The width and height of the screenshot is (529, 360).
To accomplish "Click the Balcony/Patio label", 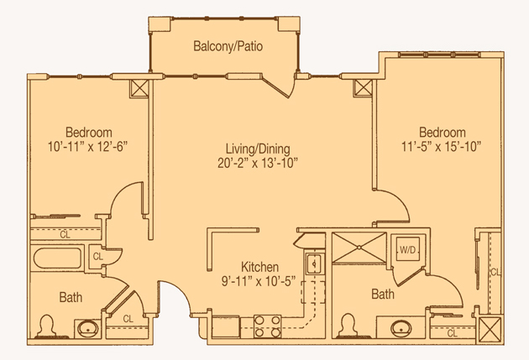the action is click(x=228, y=46).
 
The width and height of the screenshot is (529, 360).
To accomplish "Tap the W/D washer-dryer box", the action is click(x=408, y=249).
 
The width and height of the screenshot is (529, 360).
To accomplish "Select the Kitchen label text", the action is click(x=259, y=267).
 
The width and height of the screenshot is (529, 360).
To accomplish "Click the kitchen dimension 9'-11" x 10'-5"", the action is click(x=259, y=281).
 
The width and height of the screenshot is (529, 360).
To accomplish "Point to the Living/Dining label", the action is click(x=258, y=149).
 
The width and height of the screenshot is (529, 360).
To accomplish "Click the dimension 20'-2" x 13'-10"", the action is click(x=258, y=163).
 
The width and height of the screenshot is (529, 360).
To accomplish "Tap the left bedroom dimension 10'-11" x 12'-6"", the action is click(x=87, y=147).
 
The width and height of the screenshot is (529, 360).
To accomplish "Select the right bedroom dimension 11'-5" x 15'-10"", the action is click(x=442, y=147).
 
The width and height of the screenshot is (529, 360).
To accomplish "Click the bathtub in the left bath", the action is click(x=57, y=258).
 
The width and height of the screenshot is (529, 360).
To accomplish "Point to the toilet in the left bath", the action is click(x=46, y=326).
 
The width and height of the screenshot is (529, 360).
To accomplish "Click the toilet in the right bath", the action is click(x=348, y=326).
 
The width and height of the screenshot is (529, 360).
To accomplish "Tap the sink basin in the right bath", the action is click(x=401, y=328).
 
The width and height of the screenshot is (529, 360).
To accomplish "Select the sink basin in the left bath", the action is click(x=87, y=329).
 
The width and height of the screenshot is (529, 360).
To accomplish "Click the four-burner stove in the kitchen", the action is click(x=267, y=326).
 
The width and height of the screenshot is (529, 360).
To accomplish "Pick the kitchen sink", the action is click(x=315, y=263).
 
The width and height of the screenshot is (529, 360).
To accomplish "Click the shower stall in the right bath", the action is click(x=359, y=248).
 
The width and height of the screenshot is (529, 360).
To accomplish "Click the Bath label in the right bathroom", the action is click(x=383, y=294).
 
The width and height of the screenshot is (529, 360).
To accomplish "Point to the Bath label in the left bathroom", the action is click(x=71, y=297).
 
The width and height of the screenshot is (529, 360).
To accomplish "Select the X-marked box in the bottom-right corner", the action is click(x=490, y=329).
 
